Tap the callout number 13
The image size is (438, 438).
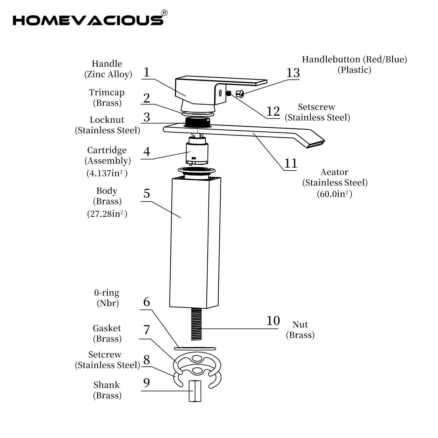[293, 72]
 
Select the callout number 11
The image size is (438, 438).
[291, 163]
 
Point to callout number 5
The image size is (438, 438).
[147, 193]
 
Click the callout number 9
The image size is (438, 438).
[147, 382]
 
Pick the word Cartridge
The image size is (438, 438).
[107, 150]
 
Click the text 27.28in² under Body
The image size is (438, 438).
[107, 214]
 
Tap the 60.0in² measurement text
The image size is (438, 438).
[334, 194]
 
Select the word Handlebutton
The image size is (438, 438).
[331, 59]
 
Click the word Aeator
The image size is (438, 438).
[334, 172]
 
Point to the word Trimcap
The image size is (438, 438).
[107, 93]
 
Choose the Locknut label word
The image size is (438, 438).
[107, 120]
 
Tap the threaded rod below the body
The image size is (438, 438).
[197, 324]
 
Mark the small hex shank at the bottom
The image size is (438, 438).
[195, 391]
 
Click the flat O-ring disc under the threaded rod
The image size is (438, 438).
[195, 348]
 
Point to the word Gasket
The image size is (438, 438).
[107, 328]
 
